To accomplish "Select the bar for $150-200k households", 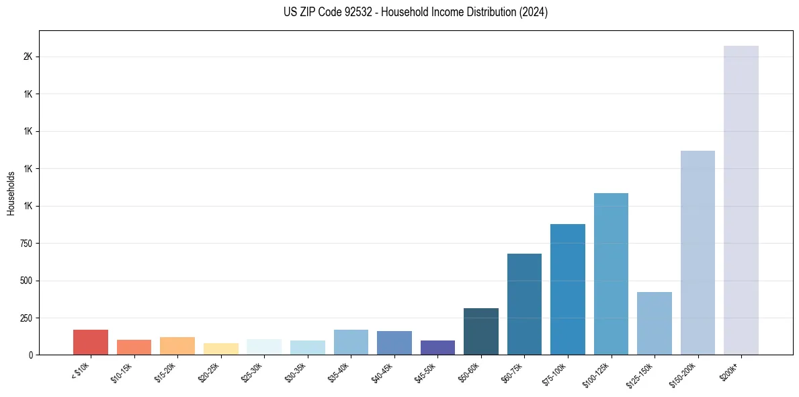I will [698, 252].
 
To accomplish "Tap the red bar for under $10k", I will [90, 342].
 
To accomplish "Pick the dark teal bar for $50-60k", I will [480, 331].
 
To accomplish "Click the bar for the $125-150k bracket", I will [654, 323].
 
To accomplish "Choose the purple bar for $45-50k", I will [437, 347].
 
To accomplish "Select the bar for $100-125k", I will [611, 274].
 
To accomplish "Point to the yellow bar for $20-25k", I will [220, 349].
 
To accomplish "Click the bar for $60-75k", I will [524, 304].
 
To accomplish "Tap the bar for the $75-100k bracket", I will [567, 289].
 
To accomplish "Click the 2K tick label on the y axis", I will [28, 57].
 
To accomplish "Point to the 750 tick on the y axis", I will [26, 243].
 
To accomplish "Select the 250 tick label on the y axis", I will [26, 318].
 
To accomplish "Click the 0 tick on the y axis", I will [30, 355].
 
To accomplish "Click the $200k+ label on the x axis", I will [730, 370].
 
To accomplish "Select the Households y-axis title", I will [11, 193].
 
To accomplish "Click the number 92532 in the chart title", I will [352, 12].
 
